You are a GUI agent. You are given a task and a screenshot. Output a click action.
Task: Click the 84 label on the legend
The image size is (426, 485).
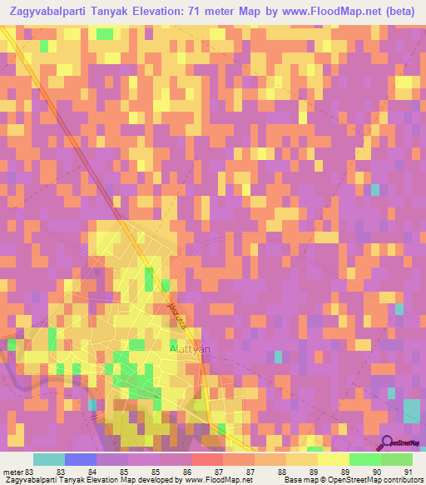pos(93,472)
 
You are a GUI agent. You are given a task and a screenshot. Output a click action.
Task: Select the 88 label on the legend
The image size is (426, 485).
pos(282,472)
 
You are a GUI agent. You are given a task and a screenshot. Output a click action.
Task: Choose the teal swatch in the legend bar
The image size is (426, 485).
pos(48,459)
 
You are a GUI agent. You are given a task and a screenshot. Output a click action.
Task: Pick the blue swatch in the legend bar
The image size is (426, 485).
pos(80,459)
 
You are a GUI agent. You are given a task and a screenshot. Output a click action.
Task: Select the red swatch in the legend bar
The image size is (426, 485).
pos(206,459)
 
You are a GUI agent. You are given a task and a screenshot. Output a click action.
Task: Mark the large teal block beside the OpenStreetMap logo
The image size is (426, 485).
pos(411,412)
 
